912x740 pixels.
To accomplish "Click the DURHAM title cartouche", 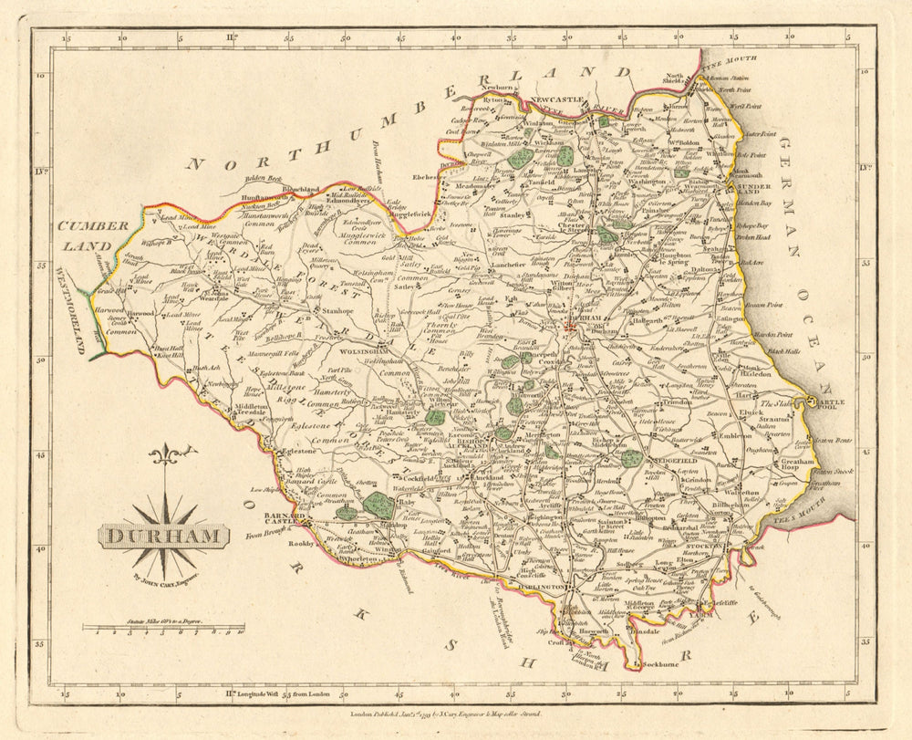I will click(161, 536).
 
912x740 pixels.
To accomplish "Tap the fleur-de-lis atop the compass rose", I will click(166, 453).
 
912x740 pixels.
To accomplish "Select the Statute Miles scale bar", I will click(164, 628).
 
